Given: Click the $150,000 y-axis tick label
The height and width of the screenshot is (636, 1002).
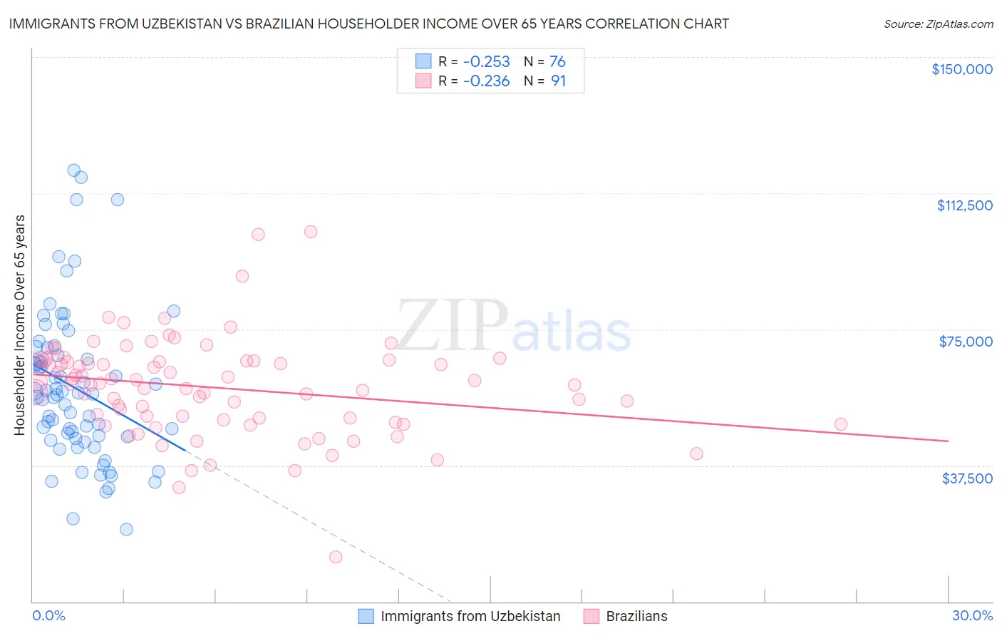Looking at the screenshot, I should (961, 69).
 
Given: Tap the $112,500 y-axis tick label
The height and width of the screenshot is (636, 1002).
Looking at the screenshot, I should (964, 205).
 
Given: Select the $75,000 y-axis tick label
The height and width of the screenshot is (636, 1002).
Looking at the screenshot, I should (966, 342).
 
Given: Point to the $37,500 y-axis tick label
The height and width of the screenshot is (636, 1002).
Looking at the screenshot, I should (967, 478).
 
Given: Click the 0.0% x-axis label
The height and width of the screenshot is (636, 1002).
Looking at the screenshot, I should (48, 615).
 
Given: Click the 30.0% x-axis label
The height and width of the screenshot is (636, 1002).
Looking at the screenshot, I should (972, 615).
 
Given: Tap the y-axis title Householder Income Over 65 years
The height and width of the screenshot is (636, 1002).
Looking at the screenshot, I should (19, 324).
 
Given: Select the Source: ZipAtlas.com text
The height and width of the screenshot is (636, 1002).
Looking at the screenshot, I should (938, 24).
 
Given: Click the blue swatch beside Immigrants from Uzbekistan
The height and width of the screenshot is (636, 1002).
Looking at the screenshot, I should (366, 616).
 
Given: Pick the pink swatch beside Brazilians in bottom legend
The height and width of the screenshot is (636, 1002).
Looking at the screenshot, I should (591, 616).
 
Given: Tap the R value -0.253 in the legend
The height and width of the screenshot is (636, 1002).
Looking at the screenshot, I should (486, 61).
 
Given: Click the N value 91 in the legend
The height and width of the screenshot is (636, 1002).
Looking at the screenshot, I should (558, 81).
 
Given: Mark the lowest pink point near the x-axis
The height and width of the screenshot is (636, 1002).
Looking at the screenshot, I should (336, 557).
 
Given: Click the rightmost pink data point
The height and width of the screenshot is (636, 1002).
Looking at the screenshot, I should (841, 424).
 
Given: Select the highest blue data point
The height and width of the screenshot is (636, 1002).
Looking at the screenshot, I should (73, 170).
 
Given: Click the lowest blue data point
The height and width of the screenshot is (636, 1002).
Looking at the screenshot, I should (126, 529).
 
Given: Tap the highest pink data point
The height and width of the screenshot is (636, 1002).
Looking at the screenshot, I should (311, 231).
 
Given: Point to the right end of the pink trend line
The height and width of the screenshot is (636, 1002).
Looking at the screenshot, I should (948, 441).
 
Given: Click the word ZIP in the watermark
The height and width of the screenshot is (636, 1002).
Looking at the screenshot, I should (452, 326).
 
